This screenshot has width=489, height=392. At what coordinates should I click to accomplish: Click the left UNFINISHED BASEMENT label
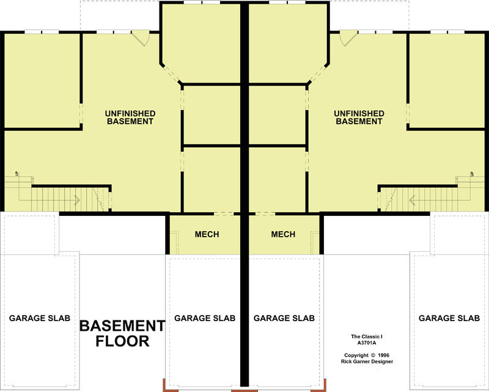130,117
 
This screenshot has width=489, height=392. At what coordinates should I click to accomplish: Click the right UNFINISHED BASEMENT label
359,117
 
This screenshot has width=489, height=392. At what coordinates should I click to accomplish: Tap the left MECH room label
207,234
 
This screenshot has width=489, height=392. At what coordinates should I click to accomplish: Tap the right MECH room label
283,234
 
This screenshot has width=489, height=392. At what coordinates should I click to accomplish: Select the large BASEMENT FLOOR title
122,333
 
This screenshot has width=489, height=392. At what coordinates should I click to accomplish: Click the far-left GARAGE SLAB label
40,318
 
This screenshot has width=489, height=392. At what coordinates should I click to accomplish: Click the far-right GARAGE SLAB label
449,318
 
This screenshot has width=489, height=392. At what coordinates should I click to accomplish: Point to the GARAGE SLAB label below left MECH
205,318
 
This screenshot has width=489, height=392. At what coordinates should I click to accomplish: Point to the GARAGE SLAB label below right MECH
284,318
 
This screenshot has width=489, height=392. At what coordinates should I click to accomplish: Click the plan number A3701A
367,342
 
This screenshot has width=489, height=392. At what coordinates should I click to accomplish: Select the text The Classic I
367,336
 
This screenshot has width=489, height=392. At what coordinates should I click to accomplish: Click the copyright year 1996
383,355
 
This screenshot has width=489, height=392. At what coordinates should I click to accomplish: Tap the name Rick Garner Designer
367,361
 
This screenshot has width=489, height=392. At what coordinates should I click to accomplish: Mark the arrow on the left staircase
78,200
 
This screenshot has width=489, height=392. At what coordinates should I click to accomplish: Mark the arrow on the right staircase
412,200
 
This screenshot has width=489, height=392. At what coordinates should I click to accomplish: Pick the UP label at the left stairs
17,174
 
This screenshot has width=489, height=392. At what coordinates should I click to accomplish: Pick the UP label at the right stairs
472,174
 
